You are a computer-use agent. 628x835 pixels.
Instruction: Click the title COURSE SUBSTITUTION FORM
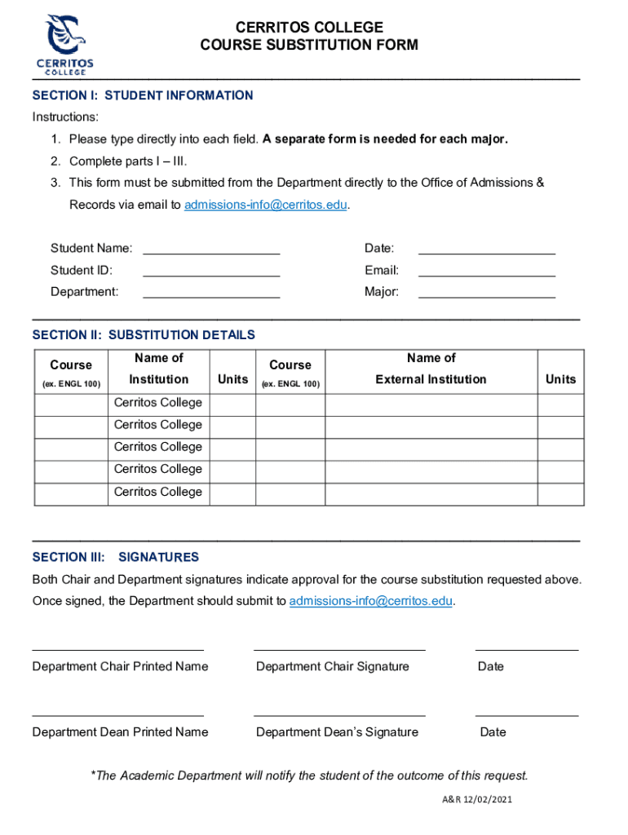pos(309,46)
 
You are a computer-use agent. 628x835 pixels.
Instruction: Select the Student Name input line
pos(211,248)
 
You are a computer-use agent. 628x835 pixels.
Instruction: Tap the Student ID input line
pos(211,270)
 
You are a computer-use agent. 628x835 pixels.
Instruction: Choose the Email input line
pos(487,270)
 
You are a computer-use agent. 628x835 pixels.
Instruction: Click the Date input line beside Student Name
pos(487,248)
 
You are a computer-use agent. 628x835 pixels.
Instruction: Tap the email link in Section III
pos(371,601)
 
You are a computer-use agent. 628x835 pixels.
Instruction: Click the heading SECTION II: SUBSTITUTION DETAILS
pos(144,335)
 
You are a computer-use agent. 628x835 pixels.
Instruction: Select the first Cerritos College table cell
pos(158,403)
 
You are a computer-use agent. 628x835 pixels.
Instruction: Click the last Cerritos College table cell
pos(158,492)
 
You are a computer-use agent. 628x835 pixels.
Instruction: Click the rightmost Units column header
pos(560,379)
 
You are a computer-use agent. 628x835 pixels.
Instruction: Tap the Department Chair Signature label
pos(333,666)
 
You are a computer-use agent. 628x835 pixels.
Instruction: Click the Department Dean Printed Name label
pos(120,731)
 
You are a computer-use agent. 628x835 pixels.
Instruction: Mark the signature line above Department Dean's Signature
pos(339,715)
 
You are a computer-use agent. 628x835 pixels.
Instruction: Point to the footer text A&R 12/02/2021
pos(472,799)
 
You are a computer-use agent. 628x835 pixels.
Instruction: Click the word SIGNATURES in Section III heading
pos(158,558)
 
